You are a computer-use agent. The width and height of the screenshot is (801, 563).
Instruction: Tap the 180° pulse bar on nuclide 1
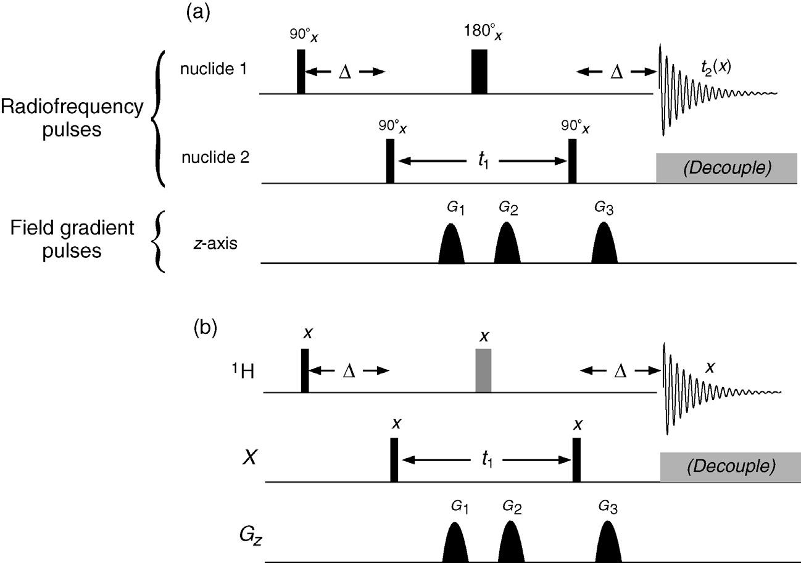479,72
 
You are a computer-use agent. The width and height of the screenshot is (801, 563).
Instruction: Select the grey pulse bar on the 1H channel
483,370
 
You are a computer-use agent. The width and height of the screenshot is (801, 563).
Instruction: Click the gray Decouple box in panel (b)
730,467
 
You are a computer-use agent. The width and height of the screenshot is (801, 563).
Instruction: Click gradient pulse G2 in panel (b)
511,541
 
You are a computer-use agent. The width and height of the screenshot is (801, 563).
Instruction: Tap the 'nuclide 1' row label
214,69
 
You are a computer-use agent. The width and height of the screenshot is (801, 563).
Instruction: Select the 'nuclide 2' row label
215,157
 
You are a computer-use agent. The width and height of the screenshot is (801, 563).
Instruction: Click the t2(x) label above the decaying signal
716,67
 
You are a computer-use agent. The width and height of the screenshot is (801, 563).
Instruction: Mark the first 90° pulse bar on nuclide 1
301,72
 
